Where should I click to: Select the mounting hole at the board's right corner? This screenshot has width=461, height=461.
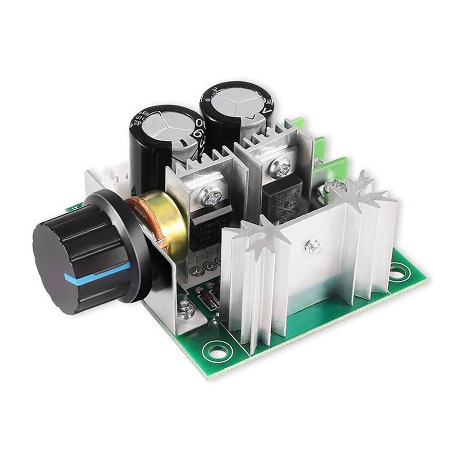coord(399,273)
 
